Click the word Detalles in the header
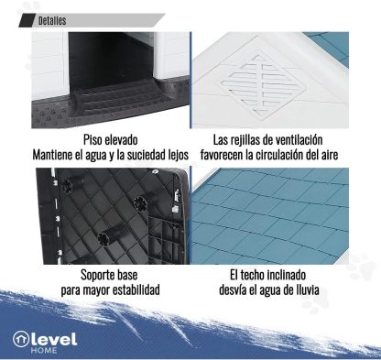[x=52, y=21]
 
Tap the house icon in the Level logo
[x=20, y=339]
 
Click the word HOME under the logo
[x=44, y=350]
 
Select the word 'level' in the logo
[x=54, y=339]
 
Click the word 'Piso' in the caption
[x=93, y=140]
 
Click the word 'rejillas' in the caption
[x=245, y=140]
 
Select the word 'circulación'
[x=278, y=155]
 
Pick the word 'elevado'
[x=121, y=140]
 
